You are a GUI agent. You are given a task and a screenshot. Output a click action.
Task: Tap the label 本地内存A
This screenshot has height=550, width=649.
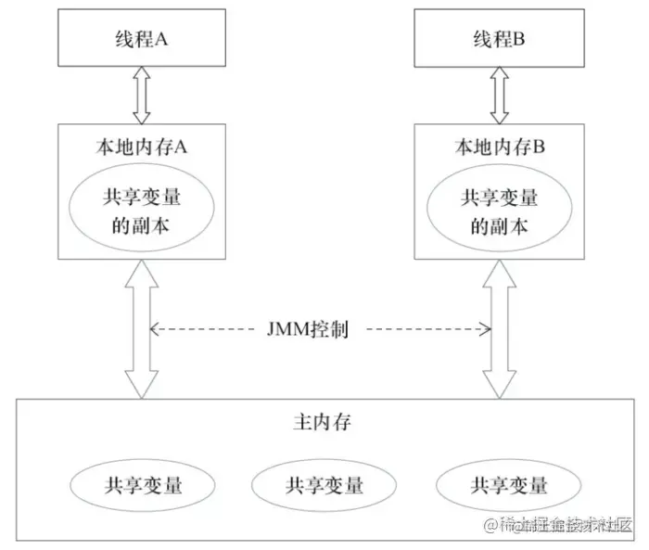coord(142,146)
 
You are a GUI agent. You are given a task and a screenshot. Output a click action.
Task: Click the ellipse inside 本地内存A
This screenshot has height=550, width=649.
coord(142,211)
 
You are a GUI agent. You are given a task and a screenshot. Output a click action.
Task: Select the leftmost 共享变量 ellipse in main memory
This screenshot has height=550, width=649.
coord(142,483)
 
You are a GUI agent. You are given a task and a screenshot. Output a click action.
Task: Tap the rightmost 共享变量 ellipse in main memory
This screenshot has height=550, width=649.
coord(508,483)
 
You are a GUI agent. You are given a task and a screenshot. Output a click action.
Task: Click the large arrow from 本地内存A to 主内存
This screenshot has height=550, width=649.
coord(142,329)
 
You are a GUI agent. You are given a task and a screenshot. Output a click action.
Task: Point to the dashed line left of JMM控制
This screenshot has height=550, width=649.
coord(206,329)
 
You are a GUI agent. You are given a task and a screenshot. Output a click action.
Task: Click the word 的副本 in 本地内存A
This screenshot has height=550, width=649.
coord(142,225)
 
